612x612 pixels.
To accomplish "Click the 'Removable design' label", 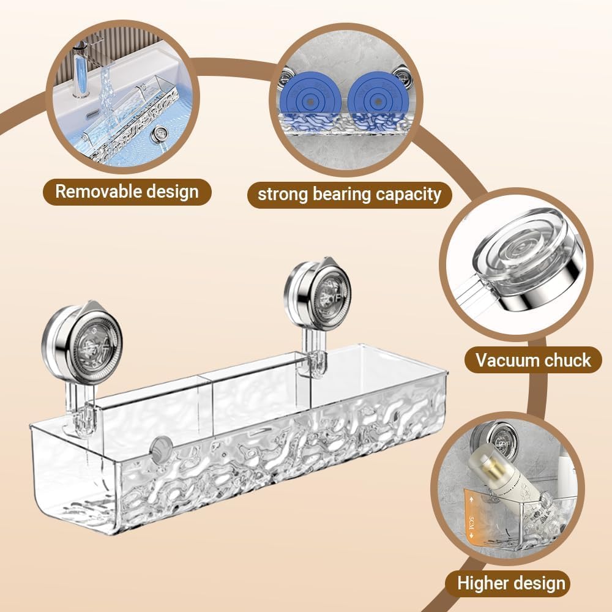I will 127,192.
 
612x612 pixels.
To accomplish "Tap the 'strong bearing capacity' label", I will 349,195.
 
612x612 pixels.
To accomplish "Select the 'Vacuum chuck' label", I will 534,360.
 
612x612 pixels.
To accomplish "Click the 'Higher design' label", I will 512,583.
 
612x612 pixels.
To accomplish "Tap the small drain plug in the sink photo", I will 161,133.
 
